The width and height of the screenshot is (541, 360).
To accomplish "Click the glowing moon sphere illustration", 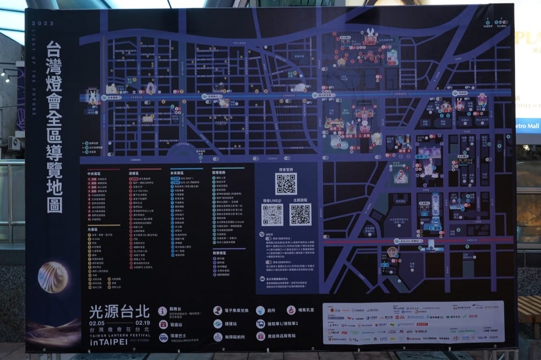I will [x=53, y=277].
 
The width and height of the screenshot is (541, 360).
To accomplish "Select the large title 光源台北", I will [x=120, y=311].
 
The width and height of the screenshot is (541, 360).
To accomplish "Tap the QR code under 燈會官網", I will [x=286, y=184].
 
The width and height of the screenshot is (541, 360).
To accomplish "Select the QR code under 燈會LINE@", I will [x=272, y=215].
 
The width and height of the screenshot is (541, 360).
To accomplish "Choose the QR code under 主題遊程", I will [x=300, y=215].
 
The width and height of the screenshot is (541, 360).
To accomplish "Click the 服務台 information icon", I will [x=163, y=311].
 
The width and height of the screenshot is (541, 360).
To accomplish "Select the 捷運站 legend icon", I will [x=217, y=324].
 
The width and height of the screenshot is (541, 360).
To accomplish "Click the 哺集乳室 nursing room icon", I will [x=291, y=310].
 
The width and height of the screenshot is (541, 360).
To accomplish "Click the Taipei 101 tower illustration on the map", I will [x=435, y=214].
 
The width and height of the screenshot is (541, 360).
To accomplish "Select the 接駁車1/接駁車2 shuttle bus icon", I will [x=261, y=324].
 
